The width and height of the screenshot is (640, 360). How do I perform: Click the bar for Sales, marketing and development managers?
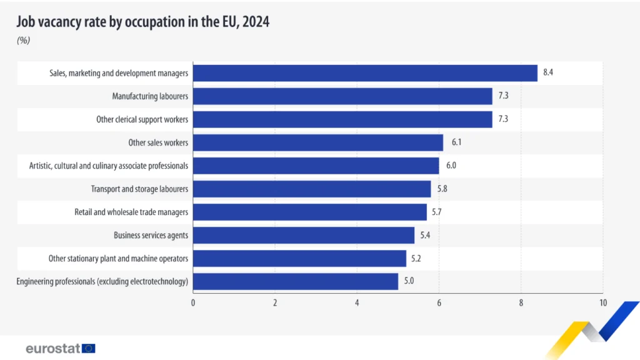coord(365,73)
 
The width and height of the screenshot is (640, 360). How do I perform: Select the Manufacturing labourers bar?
coord(342,96)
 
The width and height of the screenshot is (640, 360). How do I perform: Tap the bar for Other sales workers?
coord(317,142)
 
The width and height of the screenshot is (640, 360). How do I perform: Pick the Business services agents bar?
coord(304,235)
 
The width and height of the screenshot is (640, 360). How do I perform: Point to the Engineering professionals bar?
coord(295,281)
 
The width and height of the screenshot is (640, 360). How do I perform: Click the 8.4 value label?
coord(548,73)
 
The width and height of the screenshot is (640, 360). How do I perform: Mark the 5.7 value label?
coord(437,212)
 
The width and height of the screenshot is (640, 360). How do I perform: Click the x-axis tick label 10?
coord(602,303)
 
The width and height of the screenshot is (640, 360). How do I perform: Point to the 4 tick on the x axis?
coord(357,303)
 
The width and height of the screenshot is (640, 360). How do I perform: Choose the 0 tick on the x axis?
coord(193,303)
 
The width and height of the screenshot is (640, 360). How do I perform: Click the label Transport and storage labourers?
coord(139,189)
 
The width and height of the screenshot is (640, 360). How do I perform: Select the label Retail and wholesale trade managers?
coord(131,212)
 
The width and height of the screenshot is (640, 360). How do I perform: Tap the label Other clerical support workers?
coord(142,119)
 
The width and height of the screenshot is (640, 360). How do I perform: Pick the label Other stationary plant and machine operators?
coord(118,258)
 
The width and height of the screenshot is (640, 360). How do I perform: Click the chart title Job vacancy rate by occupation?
coord(142,22)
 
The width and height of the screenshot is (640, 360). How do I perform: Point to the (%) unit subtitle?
coord(23,41)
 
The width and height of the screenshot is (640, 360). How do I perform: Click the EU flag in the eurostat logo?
coord(89,348)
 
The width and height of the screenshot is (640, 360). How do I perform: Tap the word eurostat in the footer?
coord(53,348)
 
